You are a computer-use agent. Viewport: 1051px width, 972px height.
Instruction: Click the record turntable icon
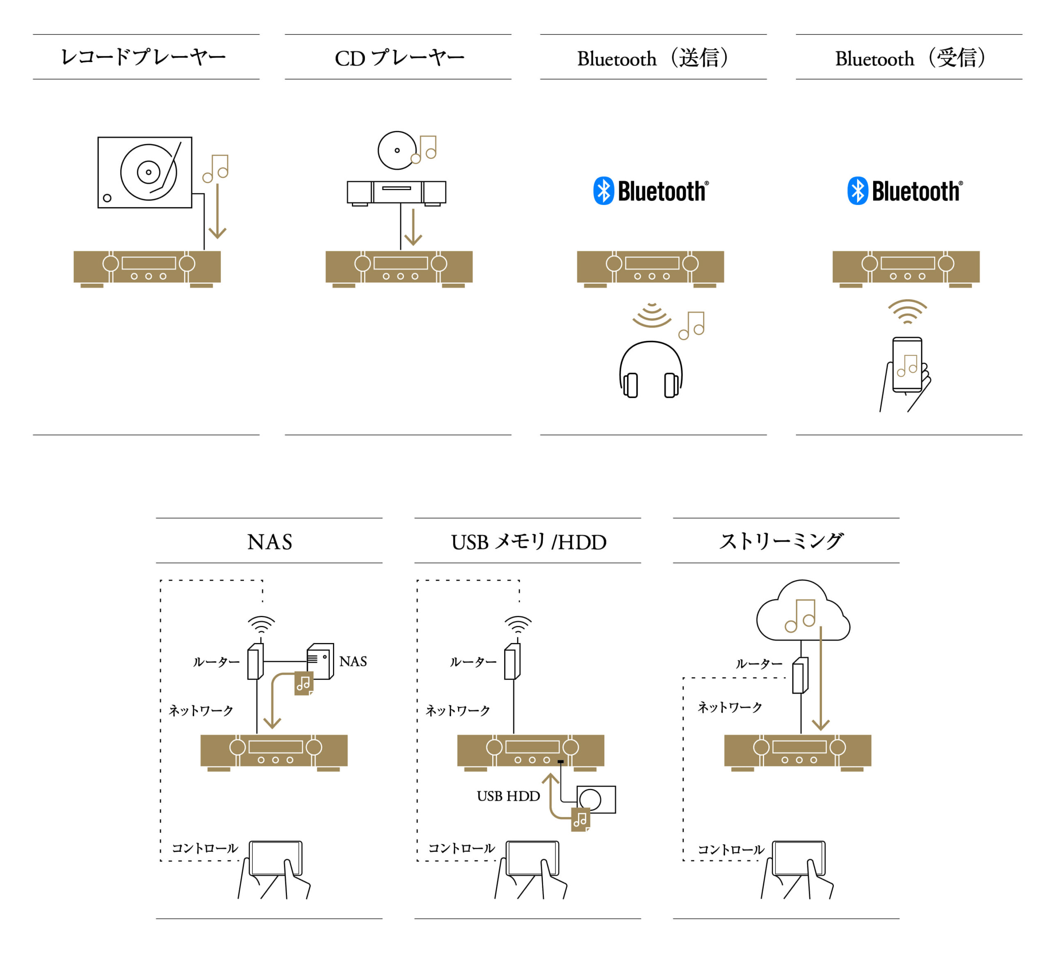coord(145,172)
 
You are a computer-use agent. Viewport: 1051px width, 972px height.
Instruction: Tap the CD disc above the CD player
coord(397,150)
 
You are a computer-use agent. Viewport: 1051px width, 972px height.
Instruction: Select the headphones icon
coord(651,370)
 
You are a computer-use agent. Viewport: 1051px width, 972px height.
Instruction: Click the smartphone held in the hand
coord(907,365)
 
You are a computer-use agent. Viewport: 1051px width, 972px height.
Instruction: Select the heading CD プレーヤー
coord(399,58)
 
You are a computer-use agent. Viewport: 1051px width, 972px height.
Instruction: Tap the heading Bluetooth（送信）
coord(653,58)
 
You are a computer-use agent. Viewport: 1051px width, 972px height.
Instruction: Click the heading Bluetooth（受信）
coord(910,58)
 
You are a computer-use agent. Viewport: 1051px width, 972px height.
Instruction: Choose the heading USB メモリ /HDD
coord(529,542)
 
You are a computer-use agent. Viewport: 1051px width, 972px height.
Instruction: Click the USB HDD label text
coord(508,796)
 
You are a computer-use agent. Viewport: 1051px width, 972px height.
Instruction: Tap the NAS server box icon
coord(320,661)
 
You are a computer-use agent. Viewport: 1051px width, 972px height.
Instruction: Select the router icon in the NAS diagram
coord(255,662)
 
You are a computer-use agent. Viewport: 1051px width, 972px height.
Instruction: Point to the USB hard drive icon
coord(596,800)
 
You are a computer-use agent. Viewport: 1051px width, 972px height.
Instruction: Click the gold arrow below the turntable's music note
coord(217,210)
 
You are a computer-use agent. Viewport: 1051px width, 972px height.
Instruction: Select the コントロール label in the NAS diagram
coord(205,848)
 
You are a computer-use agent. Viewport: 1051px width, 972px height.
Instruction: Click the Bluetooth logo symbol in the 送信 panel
coord(604,191)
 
